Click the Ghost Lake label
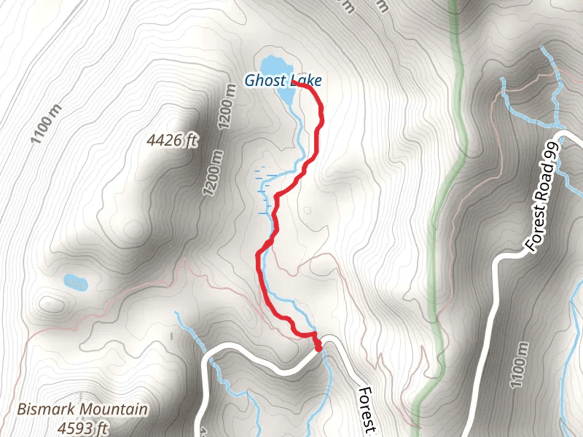click(283, 81)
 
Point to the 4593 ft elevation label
click(83, 428)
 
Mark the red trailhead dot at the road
click(318, 348)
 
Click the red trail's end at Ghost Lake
click(294, 84)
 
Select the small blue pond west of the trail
click(75, 280)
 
